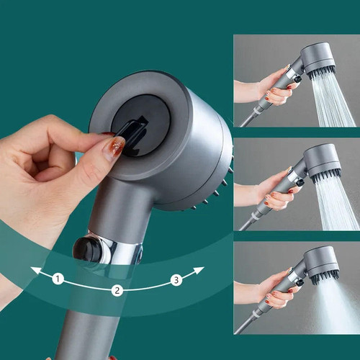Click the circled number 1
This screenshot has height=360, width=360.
tap(58, 278)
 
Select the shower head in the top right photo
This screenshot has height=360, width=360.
tap(317, 58)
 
